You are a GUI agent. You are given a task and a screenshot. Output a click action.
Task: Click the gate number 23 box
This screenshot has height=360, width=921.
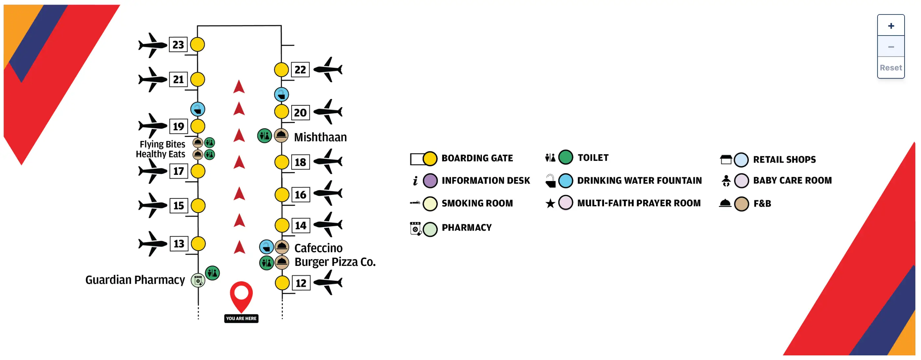click(x=178, y=45)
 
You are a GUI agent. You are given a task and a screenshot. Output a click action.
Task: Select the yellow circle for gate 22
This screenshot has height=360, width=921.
click(x=281, y=70)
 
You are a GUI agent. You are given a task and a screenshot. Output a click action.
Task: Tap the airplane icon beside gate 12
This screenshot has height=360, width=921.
click(x=328, y=282)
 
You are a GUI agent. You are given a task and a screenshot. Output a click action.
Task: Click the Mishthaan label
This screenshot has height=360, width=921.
click(x=320, y=137)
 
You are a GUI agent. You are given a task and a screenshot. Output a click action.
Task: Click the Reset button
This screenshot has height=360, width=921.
click(x=891, y=67)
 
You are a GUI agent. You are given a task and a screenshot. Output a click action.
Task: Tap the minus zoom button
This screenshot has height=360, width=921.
click(x=891, y=47)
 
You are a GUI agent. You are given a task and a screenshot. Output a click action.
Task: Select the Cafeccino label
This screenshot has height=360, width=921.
click(x=318, y=248)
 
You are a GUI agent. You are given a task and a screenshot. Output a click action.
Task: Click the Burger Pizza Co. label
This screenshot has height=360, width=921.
click(x=335, y=262)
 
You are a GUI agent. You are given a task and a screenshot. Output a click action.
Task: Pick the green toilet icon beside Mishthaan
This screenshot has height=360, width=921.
click(x=265, y=136)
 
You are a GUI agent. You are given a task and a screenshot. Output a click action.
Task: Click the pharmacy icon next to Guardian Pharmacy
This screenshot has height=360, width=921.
click(x=198, y=281)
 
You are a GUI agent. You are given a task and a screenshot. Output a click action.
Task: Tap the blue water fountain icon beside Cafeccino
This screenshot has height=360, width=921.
click(x=266, y=247)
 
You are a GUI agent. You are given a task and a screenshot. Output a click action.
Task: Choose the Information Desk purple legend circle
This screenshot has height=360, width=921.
click(x=430, y=181)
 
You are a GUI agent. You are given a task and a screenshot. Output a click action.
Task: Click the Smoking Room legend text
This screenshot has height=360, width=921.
click(x=477, y=203)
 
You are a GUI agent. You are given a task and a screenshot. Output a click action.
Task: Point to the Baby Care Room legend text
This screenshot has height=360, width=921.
click(x=792, y=181)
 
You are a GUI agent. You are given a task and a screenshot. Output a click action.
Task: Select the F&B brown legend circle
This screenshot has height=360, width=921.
click(x=742, y=204)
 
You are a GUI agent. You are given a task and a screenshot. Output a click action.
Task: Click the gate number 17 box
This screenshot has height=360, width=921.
click(x=178, y=171)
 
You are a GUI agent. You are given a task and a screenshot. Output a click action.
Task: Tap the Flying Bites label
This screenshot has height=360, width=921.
click(x=162, y=144)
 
